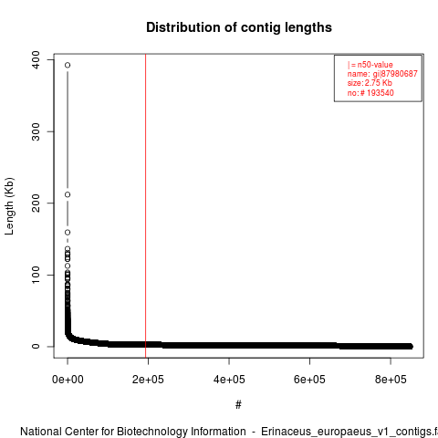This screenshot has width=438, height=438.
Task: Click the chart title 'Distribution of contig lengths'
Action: [x=239, y=27]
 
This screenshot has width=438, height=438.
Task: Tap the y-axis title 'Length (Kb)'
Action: [x=9, y=206]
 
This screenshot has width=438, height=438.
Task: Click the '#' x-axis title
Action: [x=238, y=405]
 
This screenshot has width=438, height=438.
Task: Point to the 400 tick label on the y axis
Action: [x=36, y=59]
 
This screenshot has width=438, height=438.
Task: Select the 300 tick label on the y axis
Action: [x=36, y=131]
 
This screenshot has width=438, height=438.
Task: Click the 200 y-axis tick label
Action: [x=36, y=203]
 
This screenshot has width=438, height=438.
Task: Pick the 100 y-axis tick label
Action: [x=36, y=275]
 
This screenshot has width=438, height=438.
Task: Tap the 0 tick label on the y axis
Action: [x=36, y=346]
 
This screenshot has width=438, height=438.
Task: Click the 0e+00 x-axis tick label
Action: [x=68, y=380]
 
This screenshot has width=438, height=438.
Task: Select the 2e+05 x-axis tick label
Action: [x=148, y=380]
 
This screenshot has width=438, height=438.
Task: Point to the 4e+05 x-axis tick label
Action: [x=229, y=380]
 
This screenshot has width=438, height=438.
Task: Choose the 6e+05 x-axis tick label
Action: [x=309, y=380]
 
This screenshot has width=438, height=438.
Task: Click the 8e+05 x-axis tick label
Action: [x=391, y=380]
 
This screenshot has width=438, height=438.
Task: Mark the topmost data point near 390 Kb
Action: [x=68, y=65]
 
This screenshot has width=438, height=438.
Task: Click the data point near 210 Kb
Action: [x=68, y=194]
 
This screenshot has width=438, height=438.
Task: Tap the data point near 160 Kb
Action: [x=68, y=233]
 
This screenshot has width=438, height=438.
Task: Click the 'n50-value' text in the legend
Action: [x=375, y=65]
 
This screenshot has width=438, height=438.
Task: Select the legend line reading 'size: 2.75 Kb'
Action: [x=370, y=83]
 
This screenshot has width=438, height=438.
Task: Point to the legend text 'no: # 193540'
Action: [x=370, y=93]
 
